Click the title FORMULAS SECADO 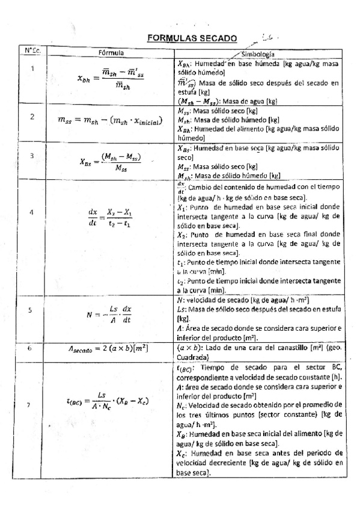click(x=192, y=38)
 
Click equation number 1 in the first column click(x=32, y=68)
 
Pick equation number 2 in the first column click(x=32, y=115)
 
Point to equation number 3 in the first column click(x=32, y=155)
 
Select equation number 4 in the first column click(x=32, y=212)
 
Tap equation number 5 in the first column click(x=32, y=310)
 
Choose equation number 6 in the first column click(x=31, y=348)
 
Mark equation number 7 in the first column click(x=31, y=404)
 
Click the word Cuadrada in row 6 click(x=191, y=355)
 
